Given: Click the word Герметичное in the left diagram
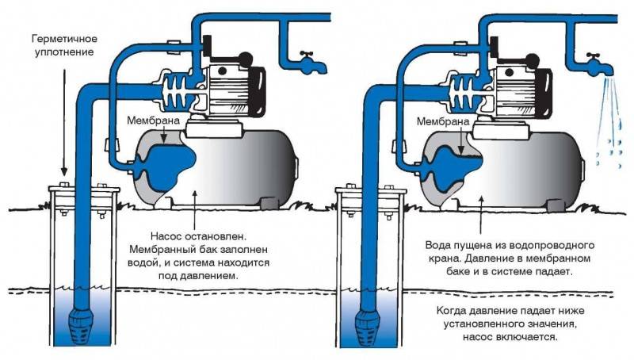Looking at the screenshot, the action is [65, 39].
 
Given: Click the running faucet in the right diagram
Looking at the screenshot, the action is [599, 65].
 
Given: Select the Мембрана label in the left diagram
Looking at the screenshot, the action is [153, 121].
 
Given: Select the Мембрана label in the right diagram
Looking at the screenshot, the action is [443, 121].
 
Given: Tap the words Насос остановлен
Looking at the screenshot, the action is [198, 236].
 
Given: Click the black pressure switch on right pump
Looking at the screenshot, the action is [494, 47].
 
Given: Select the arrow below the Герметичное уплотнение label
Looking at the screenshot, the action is [63, 117].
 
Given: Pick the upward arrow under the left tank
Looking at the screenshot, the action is [194, 211].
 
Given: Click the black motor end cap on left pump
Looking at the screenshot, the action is [257, 90].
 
